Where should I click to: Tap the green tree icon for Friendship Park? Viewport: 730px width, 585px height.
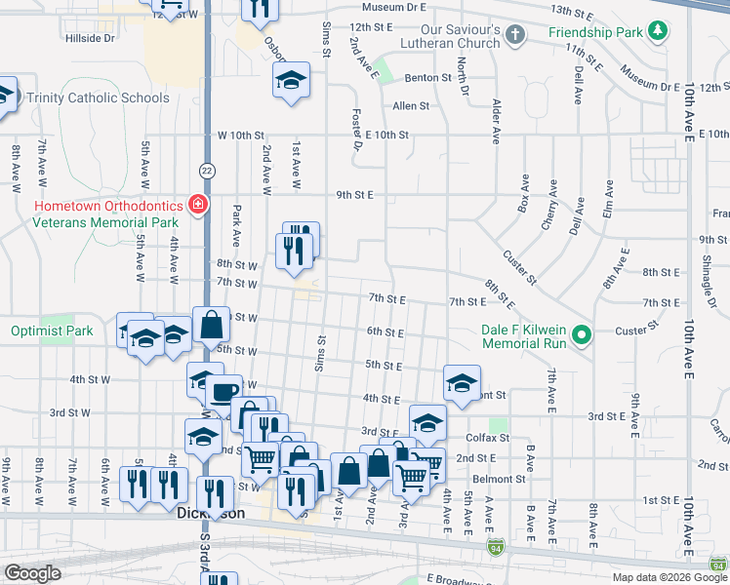point(660,31)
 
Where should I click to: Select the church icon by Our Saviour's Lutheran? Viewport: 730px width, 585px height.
point(515,36)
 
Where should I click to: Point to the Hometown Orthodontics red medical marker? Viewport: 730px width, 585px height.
point(198,204)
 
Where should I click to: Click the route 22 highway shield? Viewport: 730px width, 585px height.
point(207,171)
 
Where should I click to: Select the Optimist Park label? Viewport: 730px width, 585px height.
point(52,331)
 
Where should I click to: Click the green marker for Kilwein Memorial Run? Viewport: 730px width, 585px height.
point(583,336)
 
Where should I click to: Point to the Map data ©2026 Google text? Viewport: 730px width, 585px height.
point(669,577)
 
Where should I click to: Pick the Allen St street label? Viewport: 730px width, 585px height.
point(411,106)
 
